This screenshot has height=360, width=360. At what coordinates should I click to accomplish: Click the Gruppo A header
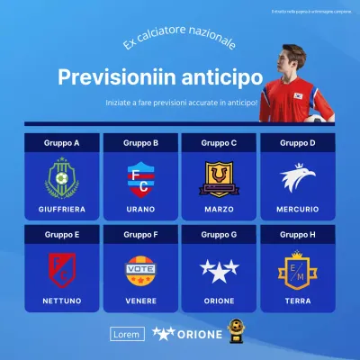(63, 142)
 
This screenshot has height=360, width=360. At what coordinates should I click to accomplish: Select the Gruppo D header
(298, 142)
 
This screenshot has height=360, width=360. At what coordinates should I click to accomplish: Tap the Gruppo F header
(141, 234)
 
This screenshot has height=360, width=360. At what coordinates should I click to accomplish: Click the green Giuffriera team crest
(63, 178)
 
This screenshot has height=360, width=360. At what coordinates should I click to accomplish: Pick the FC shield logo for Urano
(141, 178)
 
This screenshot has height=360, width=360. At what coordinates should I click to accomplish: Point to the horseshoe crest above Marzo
(220, 178)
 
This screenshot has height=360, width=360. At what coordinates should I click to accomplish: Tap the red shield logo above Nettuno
(63, 269)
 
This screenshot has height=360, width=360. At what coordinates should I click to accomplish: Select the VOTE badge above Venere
(141, 269)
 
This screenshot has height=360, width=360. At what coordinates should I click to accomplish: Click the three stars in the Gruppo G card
(220, 269)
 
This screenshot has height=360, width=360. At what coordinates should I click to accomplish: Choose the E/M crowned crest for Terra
(298, 269)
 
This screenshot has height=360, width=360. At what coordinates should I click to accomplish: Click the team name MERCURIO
(298, 209)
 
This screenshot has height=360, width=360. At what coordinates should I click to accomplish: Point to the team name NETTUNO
(63, 300)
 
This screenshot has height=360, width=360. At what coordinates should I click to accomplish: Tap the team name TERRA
(298, 300)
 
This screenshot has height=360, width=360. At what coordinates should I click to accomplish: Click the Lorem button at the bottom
(126, 334)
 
